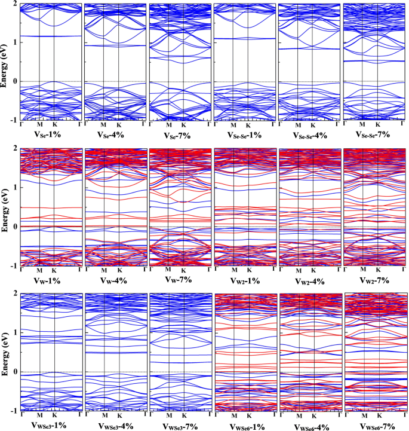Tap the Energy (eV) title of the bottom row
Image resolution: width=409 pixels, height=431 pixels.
(x=5, y=353)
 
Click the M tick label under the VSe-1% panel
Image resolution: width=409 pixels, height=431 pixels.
(x=39, y=126)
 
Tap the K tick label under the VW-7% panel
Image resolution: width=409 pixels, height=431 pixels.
(x=183, y=271)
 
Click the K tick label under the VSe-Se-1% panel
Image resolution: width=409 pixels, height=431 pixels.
(x=248, y=126)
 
